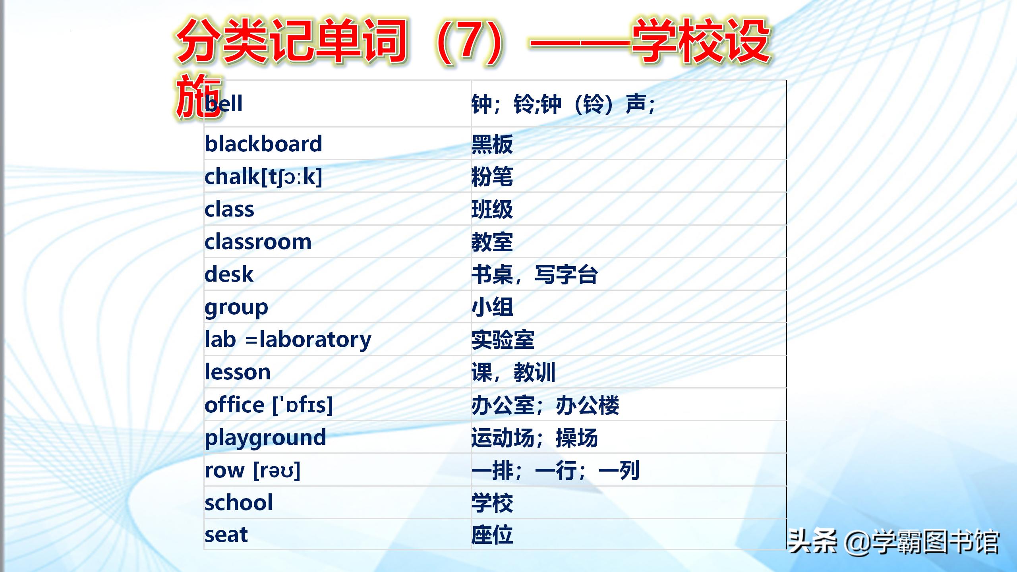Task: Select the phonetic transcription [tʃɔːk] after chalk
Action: pyautogui.click(x=292, y=177)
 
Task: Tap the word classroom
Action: pyautogui.click(x=258, y=242)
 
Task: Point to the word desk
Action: pyautogui.click(x=229, y=274)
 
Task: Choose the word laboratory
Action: pyautogui.click(x=315, y=340)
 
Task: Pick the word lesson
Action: pyautogui.click(x=238, y=372)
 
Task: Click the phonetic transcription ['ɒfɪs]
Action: pyautogui.click(x=303, y=405)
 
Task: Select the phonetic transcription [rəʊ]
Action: pyautogui.click(x=276, y=471)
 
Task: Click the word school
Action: pyautogui.click(x=239, y=502)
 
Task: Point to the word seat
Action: pyautogui.click(x=226, y=535)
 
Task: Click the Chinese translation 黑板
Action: pyautogui.click(x=492, y=144)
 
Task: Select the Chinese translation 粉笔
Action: pyautogui.click(x=492, y=177)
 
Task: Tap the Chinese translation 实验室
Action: pyautogui.click(x=503, y=340)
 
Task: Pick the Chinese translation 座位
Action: pyautogui.click(x=492, y=535)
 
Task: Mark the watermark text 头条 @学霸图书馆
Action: pyautogui.click(x=893, y=541)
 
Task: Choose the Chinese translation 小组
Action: pyautogui.click(x=492, y=307)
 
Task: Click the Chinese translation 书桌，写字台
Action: pyautogui.click(x=535, y=274)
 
